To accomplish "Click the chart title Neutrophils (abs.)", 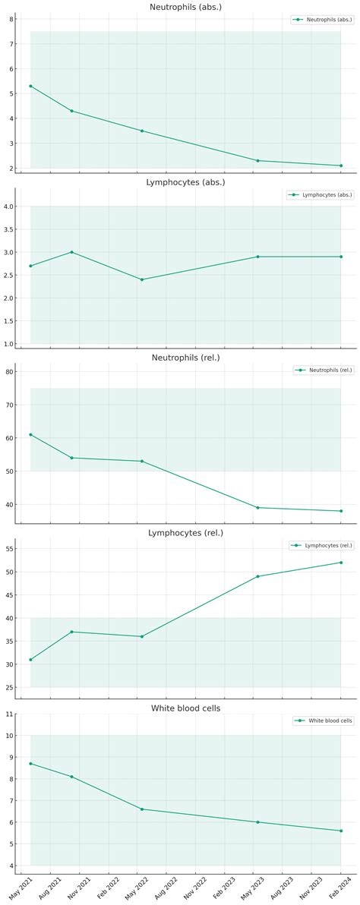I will point(185,7).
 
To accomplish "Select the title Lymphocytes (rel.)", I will point(185,533).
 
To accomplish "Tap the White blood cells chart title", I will point(185,708).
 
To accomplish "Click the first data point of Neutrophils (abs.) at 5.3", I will point(30,86).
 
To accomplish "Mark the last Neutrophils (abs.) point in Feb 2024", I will point(341,166).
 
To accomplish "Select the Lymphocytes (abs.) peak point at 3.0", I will point(71,252).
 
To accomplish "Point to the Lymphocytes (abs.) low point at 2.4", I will point(141,279).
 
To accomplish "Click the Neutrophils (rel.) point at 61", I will point(30,434).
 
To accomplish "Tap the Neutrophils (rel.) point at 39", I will point(257,507).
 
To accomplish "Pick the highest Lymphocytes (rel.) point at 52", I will point(341,563).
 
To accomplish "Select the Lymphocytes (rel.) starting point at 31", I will point(30,660).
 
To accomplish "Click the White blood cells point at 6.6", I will point(141,809).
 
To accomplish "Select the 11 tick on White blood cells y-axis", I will point(9,714).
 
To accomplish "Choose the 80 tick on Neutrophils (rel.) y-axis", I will point(9,372).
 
